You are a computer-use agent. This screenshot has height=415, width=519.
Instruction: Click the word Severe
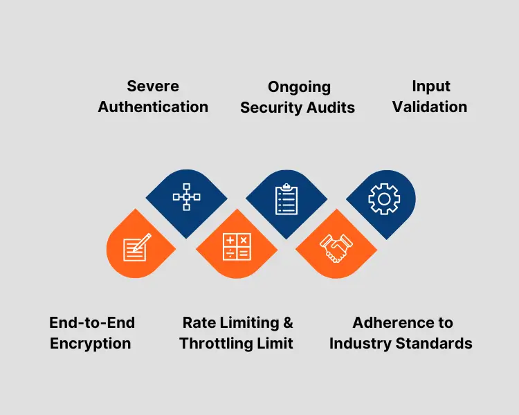(153, 86)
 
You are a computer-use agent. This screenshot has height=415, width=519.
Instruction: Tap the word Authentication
(153, 107)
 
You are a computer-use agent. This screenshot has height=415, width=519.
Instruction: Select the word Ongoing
(299, 87)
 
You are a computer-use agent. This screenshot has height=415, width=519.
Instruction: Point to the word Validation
(430, 107)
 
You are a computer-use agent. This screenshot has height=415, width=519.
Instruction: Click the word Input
(430, 86)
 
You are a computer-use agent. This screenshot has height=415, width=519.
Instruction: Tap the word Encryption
(91, 343)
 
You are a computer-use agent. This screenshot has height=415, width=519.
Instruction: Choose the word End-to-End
(92, 322)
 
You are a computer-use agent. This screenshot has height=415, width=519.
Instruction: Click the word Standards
(435, 343)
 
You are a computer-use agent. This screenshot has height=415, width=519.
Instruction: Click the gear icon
(382, 199)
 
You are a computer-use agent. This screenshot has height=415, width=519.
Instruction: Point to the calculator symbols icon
(236, 248)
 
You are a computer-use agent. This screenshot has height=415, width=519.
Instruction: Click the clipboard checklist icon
(286, 199)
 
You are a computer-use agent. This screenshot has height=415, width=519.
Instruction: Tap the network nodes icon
(186, 197)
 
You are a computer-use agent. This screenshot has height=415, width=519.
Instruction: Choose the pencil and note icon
(137, 247)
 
